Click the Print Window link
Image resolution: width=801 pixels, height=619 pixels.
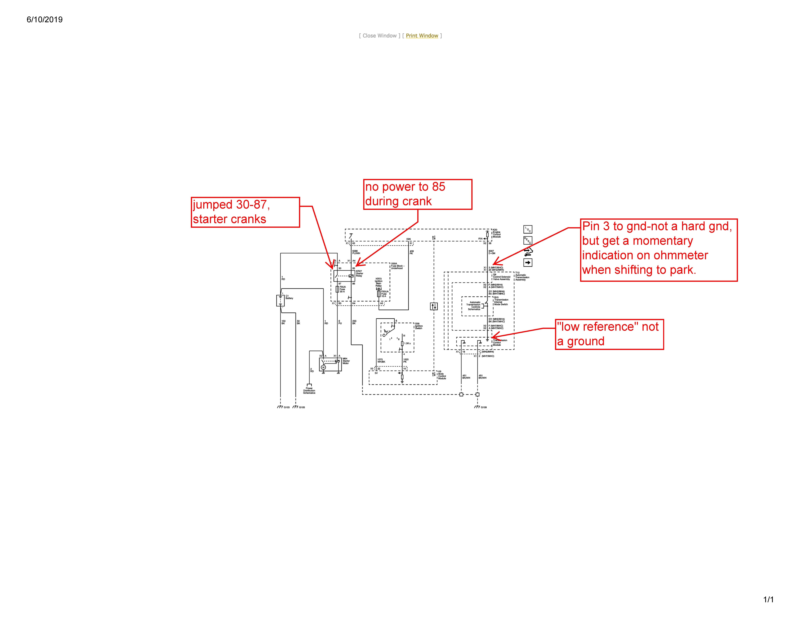pyautogui.click(x=422, y=36)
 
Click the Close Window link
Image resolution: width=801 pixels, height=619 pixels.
pyautogui.click(x=380, y=36)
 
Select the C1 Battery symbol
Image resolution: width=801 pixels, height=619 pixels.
pyautogui.click(x=280, y=300)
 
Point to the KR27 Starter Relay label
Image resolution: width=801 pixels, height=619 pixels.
pyautogui.click(x=359, y=274)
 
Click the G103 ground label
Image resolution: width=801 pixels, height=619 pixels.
pyautogui.click(x=286, y=407)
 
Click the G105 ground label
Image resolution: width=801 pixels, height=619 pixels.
pyautogui.click(x=302, y=407)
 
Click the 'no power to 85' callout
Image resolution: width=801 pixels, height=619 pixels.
pyautogui.click(x=417, y=194)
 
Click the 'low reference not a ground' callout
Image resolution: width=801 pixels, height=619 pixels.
pyautogui.click(x=609, y=334)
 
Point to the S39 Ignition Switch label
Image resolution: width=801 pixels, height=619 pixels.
pyautogui.click(x=419, y=326)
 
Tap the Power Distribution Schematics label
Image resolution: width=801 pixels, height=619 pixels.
pyautogui.click(x=309, y=390)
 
